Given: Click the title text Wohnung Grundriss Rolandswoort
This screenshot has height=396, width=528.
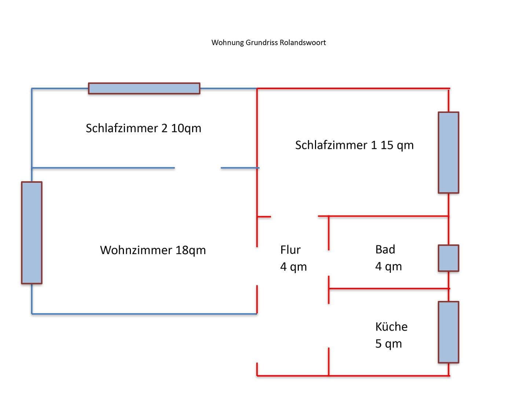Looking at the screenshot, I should tap(268, 43).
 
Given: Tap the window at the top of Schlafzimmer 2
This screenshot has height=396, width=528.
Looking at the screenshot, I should tap(144, 88).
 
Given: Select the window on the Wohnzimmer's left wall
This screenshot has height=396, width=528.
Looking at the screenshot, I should tap(32, 232).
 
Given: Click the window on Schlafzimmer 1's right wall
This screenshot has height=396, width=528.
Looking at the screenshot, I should tap(448, 153).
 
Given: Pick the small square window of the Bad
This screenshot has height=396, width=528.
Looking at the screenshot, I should tap(448, 258).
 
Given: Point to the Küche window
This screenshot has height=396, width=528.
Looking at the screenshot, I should tap(448, 332).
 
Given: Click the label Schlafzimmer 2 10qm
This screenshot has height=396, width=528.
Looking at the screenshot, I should tap(143, 128).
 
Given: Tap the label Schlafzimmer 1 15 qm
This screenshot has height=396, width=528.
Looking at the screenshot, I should tap(354, 145).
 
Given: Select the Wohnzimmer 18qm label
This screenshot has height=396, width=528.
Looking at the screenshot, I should tap(153, 250).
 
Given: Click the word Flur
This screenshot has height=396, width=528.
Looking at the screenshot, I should tap(290, 250).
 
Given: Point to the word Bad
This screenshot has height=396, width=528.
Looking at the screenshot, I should tap(385, 249).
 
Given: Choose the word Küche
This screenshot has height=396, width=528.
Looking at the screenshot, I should tap(391, 327).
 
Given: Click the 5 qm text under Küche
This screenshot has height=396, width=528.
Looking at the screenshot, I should tap(388, 344).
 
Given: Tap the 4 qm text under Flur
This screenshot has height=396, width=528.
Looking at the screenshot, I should tap(293, 267).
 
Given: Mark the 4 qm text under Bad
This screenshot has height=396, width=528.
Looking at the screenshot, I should tap(388, 266).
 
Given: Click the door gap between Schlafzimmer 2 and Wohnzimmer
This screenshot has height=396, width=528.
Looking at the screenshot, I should tap(198, 168).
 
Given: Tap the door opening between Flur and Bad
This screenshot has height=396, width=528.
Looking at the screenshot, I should tap(329, 263).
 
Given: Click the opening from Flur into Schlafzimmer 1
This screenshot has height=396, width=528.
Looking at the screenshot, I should tap(294, 216).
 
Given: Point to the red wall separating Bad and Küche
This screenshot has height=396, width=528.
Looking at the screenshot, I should tap(389, 289).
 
